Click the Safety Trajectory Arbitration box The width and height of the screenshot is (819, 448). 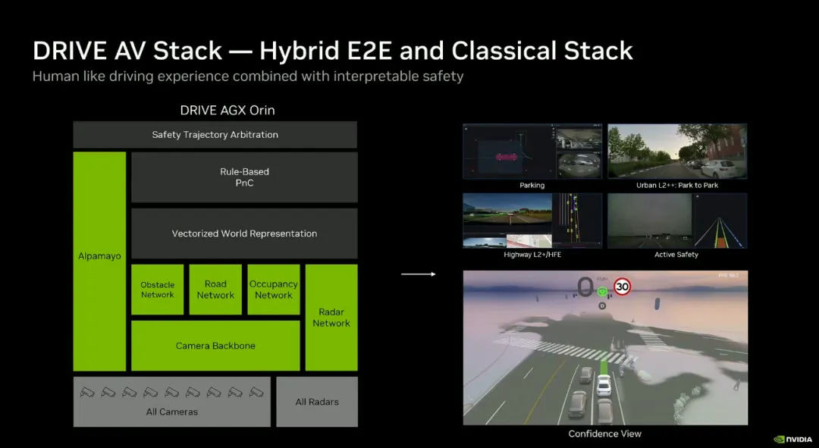[x=215, y=135]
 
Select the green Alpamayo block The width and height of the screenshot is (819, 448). [x=99, y=261]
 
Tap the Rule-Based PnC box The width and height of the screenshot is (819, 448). [x=244, y=177]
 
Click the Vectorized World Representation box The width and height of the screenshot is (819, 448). [x=244, y=233]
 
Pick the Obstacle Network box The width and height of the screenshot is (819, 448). [x=158, y=290]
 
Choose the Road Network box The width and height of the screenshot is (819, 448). [x=215, y=290]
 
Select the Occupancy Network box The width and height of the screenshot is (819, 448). [x=274, y=290]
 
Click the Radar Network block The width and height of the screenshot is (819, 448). [x=331, y=317]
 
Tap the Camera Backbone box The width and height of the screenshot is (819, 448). [x=215, y=346]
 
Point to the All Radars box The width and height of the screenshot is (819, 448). [x=317, y=402]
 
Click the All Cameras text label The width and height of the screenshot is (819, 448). [x=172, y=412]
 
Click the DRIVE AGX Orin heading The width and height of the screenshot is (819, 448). [x=227, y=111]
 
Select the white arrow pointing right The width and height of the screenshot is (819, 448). [x=419, y=274]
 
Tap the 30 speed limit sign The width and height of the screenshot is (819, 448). [x=623, y=287]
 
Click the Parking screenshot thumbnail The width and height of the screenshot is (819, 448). [x=532, y=152]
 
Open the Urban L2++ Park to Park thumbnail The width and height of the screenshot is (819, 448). [x=677, y=152]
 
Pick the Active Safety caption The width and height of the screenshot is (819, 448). [x=676, y=255]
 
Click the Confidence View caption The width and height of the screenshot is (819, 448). [x=605, y=434]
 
